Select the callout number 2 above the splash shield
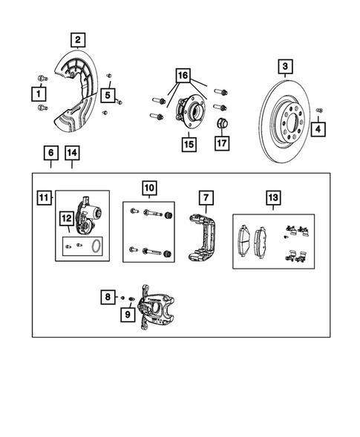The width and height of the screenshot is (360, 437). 78,39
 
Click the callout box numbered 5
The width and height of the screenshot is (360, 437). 108,94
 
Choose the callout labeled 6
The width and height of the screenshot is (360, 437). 50,154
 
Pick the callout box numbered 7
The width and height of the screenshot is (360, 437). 205,197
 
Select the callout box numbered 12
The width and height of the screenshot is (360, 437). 67,219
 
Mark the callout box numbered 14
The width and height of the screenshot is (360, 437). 71,154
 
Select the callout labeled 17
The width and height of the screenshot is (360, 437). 222,142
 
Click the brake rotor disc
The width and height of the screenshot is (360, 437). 289,122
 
